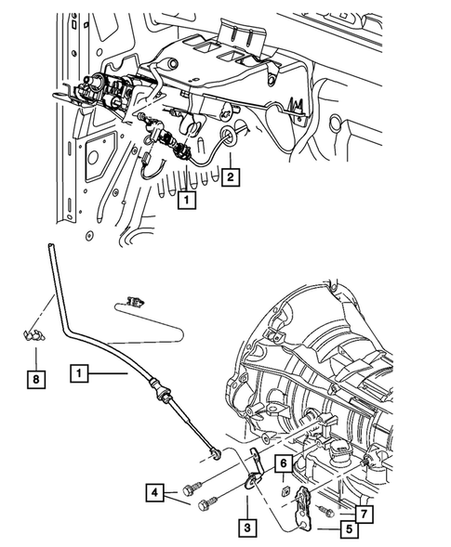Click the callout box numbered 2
tap(230, 175)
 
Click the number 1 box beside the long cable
tap(81, 373)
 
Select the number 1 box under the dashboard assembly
tap(187, 199)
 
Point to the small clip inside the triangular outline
tap(137, 301)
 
